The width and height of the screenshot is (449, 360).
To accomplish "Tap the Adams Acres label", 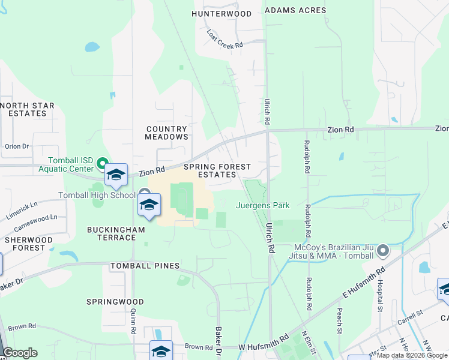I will (295, 10).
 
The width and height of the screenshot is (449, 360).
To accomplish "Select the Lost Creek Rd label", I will (225, 40).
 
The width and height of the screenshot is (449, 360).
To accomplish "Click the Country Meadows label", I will (166, 133).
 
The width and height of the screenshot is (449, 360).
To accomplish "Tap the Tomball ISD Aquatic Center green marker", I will (102, 163).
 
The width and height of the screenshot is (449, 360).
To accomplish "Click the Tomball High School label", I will (97, 195).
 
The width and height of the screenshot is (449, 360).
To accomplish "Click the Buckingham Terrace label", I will (112, 233).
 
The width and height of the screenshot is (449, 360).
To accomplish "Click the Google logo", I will (20, 353).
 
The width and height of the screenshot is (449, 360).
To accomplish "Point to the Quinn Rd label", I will (134, 319).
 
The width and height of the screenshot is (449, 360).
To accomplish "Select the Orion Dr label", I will (17, 146).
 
